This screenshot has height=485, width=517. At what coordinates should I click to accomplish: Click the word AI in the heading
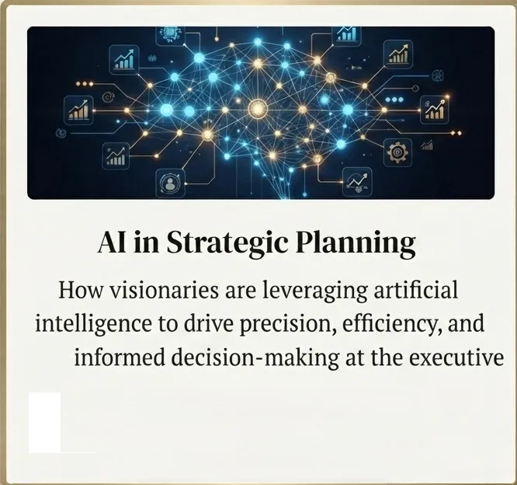click(x=112, y=242)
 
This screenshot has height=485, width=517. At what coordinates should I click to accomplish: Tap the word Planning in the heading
click(x=355, y=244)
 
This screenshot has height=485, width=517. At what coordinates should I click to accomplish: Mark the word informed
click(x=120, y=358)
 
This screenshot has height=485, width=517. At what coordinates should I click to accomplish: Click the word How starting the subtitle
click(x=81, y=290)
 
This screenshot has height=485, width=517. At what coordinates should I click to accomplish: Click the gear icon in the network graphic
click(x=397, y=152)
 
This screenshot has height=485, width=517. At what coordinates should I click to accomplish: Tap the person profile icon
click(x=170, y=183)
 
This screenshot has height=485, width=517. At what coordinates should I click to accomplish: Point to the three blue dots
click(x=394, y=99)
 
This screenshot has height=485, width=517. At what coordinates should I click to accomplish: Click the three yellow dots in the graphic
click(x=85, y=84)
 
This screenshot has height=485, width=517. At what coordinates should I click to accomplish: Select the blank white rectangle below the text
click(x=44, y=423)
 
